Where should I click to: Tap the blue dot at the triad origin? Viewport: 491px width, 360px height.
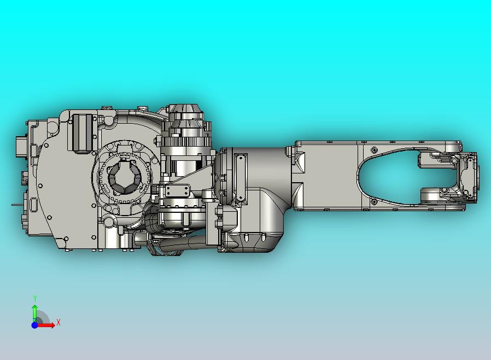click(x=34, y=325)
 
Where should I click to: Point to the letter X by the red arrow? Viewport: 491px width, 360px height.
click(x=59, y=322)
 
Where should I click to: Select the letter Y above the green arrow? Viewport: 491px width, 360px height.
click(x=35, y=298)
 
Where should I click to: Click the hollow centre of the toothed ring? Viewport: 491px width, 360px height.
click(x=124, y=177)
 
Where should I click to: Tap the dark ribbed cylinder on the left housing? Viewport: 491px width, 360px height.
click(x=83, y=133)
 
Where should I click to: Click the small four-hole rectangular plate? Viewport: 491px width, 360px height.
click(x=178, y=190)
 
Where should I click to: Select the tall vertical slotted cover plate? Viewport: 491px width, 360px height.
click(x=240, y=177)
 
